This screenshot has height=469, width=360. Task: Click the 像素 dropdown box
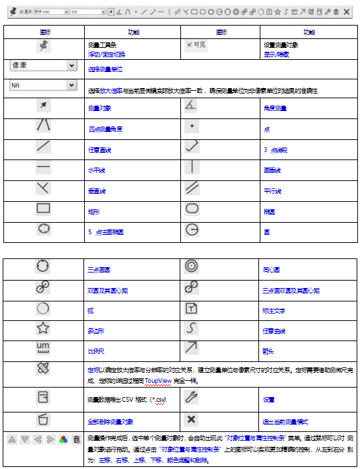click(x=42, y=65)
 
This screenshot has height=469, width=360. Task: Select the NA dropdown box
click(x=42, y=85)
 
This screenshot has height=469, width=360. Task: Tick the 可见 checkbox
click(x=190, y=44)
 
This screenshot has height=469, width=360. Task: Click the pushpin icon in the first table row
click(x=44, y=45)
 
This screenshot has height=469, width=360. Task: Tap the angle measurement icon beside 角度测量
click(x=192, y=105)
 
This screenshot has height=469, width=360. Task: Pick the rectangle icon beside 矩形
click(x=44, y=209)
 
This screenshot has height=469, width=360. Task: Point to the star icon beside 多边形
click(x=44, y=328)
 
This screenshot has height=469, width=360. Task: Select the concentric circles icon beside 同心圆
click(x=192, y=266)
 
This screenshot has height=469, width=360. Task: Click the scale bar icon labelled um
click(x=44, y=348)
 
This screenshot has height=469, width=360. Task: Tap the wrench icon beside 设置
click(x=192, y=397)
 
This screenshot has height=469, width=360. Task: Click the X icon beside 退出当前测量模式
click(x=192, y=420)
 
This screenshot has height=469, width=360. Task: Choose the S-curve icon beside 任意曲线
click(x=192, y=328)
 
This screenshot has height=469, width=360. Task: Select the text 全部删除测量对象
click(x=110, y=421)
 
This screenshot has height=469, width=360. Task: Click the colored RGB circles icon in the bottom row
click(x=63, y=439)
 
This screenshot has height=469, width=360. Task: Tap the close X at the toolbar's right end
click(x=347, y=11)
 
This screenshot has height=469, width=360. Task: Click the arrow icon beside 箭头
click(x=192, y=347)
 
